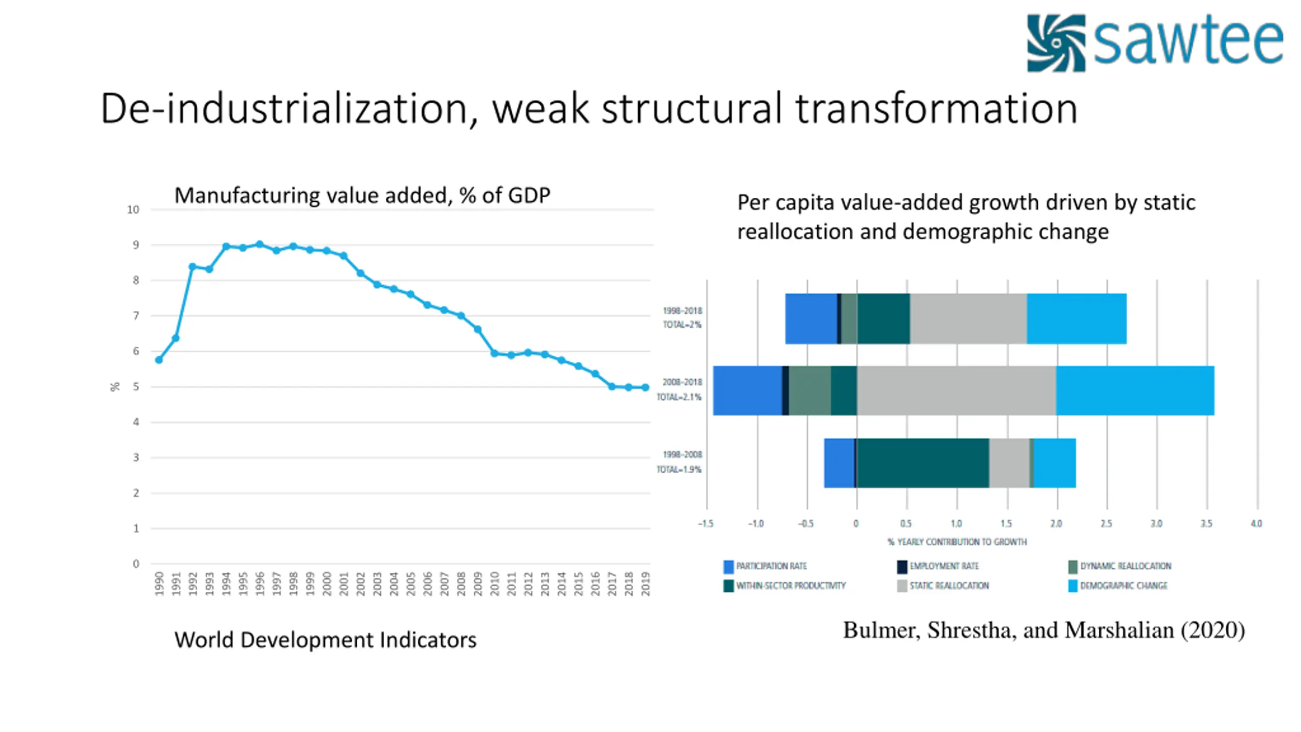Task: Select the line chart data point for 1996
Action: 260,245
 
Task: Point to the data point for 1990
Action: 159,360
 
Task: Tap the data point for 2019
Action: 645,387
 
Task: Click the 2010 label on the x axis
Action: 494,584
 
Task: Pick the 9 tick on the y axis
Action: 136,245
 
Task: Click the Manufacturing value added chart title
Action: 362,196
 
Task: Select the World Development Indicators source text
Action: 325,640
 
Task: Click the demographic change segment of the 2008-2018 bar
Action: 1135,390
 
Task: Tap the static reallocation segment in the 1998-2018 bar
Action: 968,319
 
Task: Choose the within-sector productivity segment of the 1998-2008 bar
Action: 922,463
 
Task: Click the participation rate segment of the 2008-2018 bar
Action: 747,390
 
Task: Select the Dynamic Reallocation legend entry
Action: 1125,566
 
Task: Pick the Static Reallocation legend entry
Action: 948,586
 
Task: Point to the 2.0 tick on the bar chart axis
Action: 1056,524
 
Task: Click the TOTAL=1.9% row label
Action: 679,470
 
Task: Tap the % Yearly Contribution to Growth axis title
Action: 957,542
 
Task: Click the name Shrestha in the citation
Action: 969,630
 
